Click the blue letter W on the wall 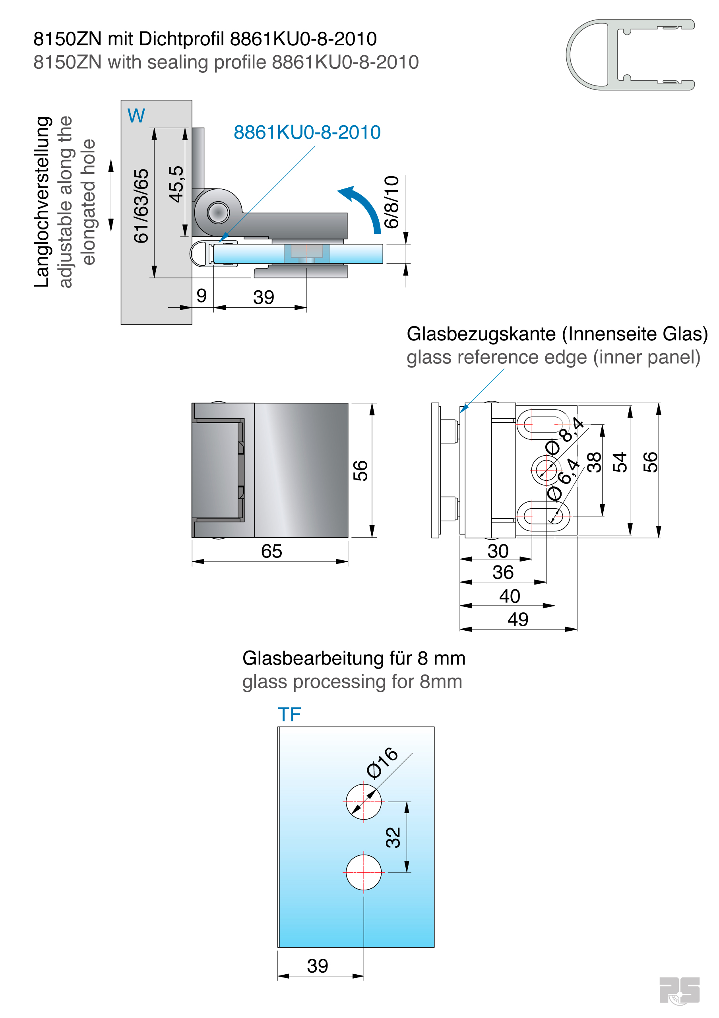[136, 116]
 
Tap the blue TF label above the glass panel [289, 715]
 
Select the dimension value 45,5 [176, 184]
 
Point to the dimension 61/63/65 [141, 206]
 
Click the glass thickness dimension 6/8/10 [391, 202]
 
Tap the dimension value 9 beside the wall [202, 296]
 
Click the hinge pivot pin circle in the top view [218, 212]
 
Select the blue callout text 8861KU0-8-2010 [307, 132]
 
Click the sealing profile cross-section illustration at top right [630, 54]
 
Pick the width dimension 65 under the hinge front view [271, 552]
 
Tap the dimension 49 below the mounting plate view [518, 620]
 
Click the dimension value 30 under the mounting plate [498, 551]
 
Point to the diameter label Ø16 [382, 762]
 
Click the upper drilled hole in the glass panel [364, 802]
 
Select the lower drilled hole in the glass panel [364, 872]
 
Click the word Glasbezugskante [481, 334]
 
